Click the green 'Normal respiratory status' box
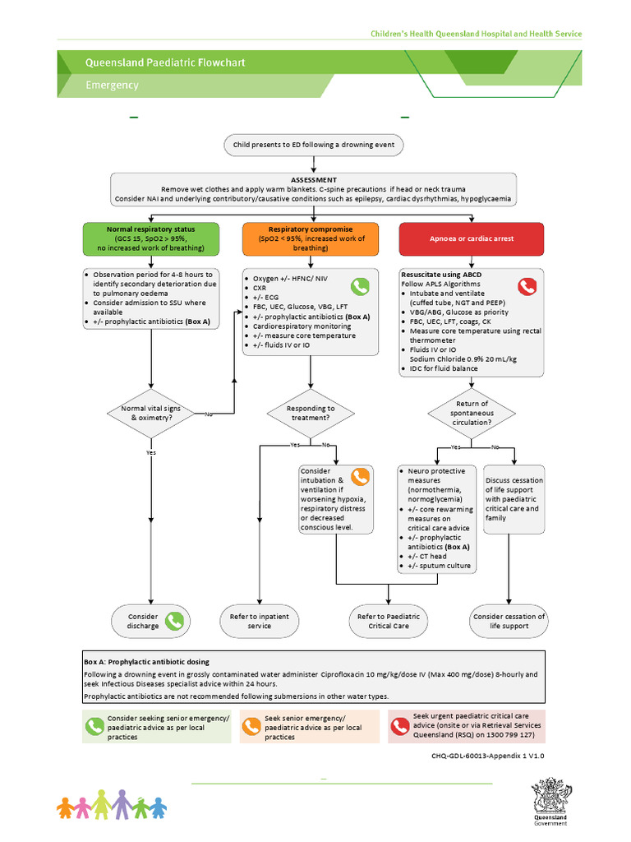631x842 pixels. (x=151, y=238)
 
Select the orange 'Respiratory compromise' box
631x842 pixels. (x=311, y=238)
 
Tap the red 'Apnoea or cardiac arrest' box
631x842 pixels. (x=472, y=238)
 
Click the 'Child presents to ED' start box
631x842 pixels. (x=313, y=145)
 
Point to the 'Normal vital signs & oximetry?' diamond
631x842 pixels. (x=151, y=413)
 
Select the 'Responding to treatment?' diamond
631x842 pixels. (x=311, y=413)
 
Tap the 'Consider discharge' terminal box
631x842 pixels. (x=151, y=621)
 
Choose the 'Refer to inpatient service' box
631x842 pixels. (x=259, y=621)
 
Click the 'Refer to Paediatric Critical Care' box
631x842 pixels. (x=389, y=621)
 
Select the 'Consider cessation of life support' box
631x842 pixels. (x=509, y=621)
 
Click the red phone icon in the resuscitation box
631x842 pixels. (x=526, y=286)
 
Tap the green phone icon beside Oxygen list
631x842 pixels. (x=360, y=286)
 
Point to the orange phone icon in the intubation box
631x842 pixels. (x=360, y=477)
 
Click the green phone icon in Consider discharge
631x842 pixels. (x=174, y=621)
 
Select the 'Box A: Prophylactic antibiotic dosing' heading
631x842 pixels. (x=146, y=661)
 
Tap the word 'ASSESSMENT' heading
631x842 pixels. (x=313, y=179)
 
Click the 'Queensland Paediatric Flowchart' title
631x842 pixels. (x=165, y=62)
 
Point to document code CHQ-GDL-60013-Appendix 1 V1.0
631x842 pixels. (x=487, y=754)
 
